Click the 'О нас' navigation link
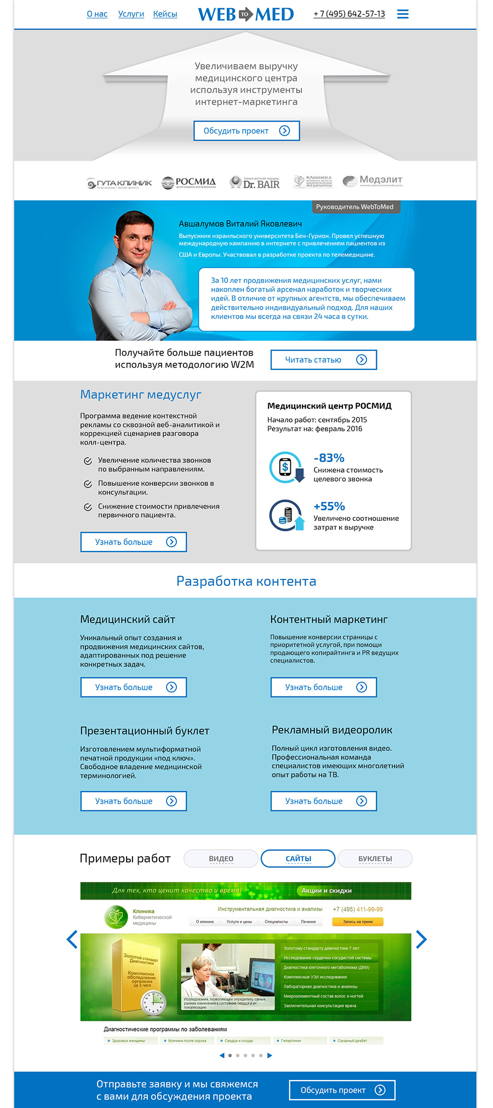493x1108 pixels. coord(97,14)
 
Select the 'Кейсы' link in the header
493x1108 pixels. coord(165,14)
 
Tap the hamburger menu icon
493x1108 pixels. coord(403,14)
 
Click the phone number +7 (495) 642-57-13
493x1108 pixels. coord(349,14)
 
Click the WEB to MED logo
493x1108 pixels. coord(245,14)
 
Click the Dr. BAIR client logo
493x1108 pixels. coord(255,182)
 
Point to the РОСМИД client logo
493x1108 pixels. coord(188,182)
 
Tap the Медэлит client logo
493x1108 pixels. coord(372,181)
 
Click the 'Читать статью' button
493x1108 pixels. coord(323,359)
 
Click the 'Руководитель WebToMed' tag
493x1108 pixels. coord(354,207)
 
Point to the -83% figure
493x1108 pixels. coord(329,458)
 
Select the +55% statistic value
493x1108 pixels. coord(329,506)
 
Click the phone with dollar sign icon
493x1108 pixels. coord(285,467)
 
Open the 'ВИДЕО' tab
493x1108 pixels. coord(221,858)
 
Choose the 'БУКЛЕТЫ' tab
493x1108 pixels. coord(375,858)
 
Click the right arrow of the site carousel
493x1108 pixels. coord(421,939)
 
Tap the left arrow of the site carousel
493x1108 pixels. coord(72,939)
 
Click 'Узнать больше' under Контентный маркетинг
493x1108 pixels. coord(323,687)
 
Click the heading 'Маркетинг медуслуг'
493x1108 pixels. coord(141,395)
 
